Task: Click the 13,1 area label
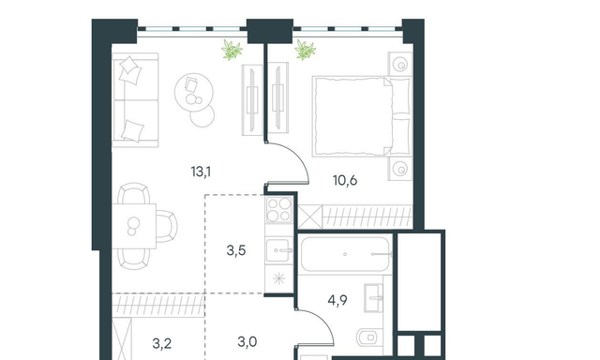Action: (x=201, y=172)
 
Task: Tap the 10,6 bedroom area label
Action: (x=345, y=180)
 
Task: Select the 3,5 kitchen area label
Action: (x=236, y=250)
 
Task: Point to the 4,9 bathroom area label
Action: (x=337, y=300)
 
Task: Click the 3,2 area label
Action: (x=162, y=343)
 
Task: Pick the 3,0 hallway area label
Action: (x=247, y=341)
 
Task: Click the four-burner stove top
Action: (x=279, y=210)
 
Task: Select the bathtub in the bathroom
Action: (x=345, y=254)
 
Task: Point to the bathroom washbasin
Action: (x=373, y=298)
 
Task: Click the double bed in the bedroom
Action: (x=362, y=116)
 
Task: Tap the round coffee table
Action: (x=194, y=92)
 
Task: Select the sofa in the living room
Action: (x=135, y=100)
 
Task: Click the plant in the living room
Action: (x=232, y=50)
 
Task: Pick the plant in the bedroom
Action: (x=305, y=50)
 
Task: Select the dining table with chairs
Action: (x=144, y=226)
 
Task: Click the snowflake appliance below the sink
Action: (x=279, y=278)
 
